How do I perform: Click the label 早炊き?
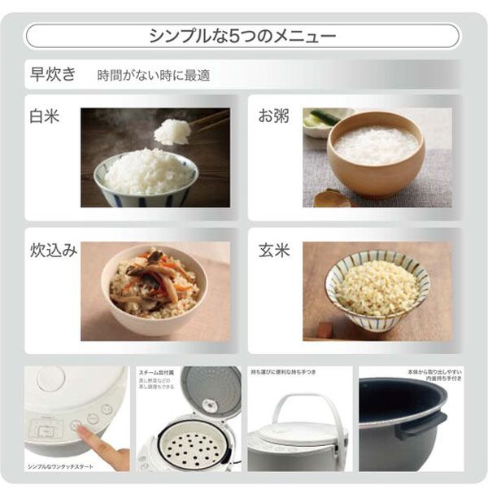click(x=53, y=75)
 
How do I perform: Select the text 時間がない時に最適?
click(x=153, y=76)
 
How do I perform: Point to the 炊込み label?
click(x=54, y=250)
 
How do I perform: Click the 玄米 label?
click(x=273, y=250)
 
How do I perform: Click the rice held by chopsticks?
click(x=172, y=130)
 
